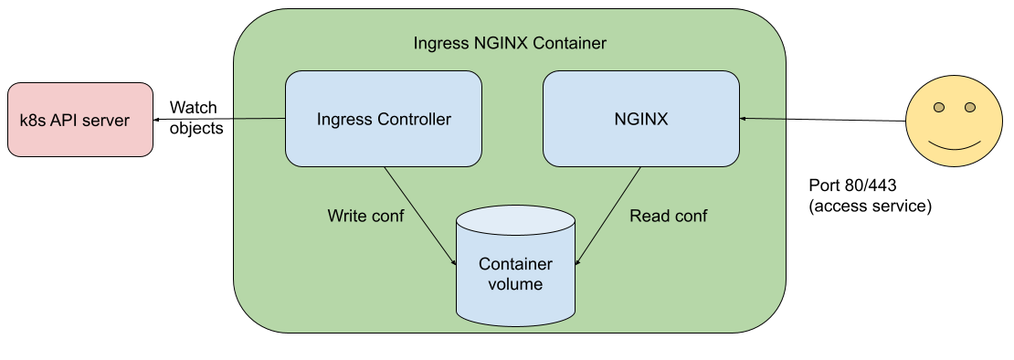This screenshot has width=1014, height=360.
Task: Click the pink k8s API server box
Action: (x=80, y=120)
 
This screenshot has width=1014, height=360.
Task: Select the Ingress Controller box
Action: (x=384, y=119)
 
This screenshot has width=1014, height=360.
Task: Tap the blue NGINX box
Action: (x=641, y=119)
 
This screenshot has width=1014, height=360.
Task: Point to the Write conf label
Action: (x=365, y=217)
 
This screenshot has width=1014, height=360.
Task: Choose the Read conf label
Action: (x=669, y=217)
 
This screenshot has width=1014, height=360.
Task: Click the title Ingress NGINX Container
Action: (x=510, y=43)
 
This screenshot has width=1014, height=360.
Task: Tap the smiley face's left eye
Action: (x=937, y=109)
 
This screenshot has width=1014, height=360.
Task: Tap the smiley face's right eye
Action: (x=969, y=109)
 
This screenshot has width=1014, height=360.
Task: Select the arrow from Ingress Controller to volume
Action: (x=419, y=216)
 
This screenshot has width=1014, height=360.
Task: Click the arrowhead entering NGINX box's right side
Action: (x=745, y=119)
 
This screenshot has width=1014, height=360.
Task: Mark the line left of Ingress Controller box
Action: (x=259, y=119)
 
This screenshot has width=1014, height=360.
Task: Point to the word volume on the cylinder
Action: (x=516, y=284)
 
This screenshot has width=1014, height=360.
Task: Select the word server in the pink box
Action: (x=106, y=121)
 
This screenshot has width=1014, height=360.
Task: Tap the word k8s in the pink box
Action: (x=34, y=121)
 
